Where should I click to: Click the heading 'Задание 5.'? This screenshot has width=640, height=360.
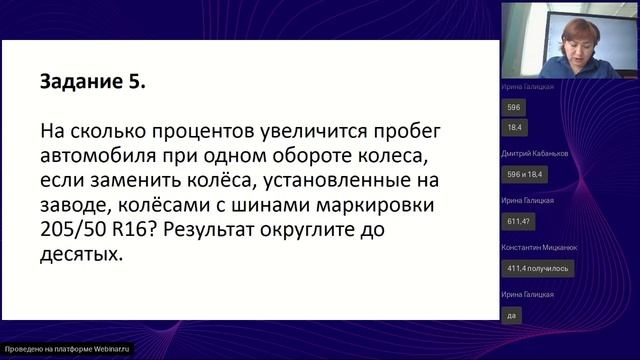92,82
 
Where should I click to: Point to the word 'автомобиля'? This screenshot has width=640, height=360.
103,157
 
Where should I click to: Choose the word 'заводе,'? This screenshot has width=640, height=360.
81,206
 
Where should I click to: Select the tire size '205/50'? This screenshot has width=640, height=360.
77,231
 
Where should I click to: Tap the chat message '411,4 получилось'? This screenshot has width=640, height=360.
531,267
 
